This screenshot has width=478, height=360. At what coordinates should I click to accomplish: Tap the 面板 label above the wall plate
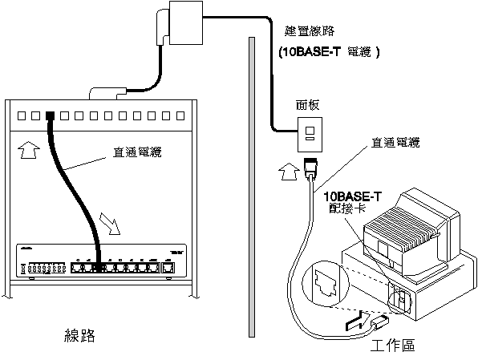[307, 104]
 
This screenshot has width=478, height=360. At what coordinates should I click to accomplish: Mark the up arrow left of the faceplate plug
[287, 170]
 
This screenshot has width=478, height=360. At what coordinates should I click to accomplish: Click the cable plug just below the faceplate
[313, 169]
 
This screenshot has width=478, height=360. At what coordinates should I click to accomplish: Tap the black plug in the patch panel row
[50, 115]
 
